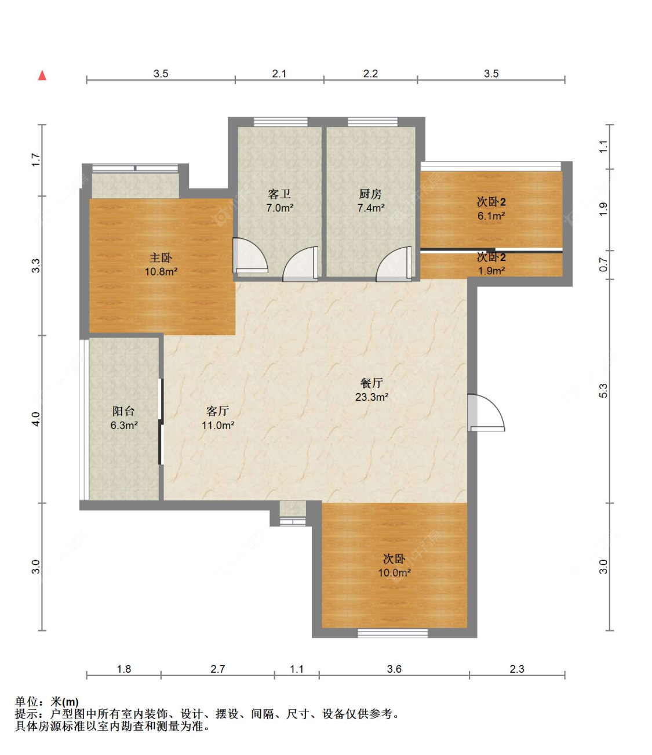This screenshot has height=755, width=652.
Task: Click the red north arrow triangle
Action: click(x=42, y=75)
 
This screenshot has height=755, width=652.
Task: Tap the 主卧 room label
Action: click(x=161, y=258)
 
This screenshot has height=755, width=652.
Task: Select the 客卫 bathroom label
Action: click(x=279, y=194)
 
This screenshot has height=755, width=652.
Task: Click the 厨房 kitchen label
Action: click(x=370, y=194)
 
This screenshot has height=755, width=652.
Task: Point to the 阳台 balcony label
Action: click(x=124, y=411)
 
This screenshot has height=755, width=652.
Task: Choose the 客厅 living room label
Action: click(x=217, y=411)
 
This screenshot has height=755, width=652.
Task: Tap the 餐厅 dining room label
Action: click(x=371, y=383)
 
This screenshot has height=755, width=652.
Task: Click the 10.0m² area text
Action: click(x=394, y=572)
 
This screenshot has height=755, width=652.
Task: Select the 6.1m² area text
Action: click(x=491, y=216)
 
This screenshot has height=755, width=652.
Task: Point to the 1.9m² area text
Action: click(x=491, y=271)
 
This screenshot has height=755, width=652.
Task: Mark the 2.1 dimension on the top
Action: click(x=279, y=74)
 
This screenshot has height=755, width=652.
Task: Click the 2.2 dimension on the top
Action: click(x=370, y=74)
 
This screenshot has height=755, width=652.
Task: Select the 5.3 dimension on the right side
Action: click(x=603, y=390)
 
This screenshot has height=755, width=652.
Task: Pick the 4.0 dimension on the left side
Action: click(x=36, y=419)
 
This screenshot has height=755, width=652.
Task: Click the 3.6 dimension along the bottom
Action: click(x=394, y=669)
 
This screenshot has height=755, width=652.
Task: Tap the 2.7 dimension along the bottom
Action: click(x=217, y=669)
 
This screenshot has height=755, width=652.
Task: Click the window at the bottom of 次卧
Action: click(x=392, y=633)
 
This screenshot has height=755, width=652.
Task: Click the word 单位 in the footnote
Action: click(x=27, y=701)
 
